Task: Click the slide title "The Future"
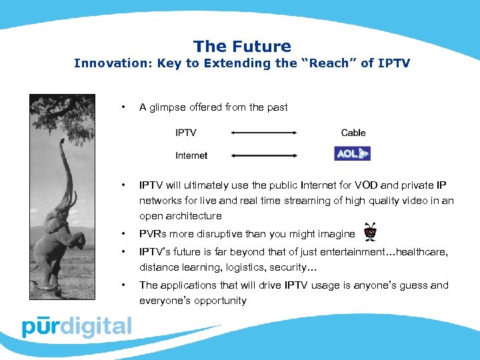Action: click(x=242, y=46)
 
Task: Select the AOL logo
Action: click(x=352, y=154)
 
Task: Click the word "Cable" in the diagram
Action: click(x=353, y=133)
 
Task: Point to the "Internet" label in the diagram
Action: click(x=191, y=155)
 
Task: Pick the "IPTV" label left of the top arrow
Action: click(x=186, y=133)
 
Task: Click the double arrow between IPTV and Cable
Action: click(x=263, y=133)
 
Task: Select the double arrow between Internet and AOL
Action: click(x=263, y=155)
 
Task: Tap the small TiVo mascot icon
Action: click(x=369, y=233)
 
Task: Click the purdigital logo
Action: click(x=77, y=327)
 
